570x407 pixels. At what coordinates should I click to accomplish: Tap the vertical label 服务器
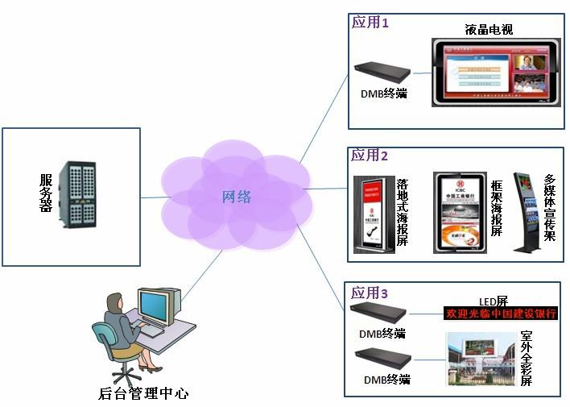coord(45,193)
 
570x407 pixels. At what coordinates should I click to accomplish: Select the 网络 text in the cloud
coord(237,197)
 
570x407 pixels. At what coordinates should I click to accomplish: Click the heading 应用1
coord(370,23)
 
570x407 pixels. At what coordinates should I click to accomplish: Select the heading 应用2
coord(370,155)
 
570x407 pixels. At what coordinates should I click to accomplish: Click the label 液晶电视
coord(489,30)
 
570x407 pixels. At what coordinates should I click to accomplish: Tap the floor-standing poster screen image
coord(373,214)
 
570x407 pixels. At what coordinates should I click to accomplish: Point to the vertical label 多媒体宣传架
coord(550,207)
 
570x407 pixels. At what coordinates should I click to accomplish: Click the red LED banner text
coord(501,314)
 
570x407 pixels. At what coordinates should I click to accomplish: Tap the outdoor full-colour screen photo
coord(481,359)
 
